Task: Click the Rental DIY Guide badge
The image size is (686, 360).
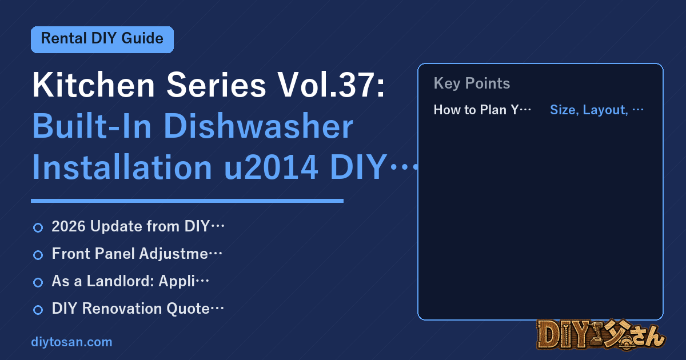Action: (102, 39)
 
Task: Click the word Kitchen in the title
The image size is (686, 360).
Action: (93, 85)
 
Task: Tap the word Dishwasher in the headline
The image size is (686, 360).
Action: (258, 126)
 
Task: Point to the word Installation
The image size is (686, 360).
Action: (122, 167)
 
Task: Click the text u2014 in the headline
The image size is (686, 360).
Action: (271, 167)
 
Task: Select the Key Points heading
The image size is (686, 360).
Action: (472, 83)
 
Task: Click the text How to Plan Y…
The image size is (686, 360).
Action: (482, 110)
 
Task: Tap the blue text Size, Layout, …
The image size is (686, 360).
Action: (597, 110)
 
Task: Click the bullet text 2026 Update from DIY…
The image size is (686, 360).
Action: (138, 226)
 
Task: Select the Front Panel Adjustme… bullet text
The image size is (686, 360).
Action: (137, 254)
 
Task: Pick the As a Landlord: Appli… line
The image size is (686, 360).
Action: (130, 281)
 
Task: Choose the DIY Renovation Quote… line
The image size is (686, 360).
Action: (138, 308)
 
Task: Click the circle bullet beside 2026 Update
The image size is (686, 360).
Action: (38, 228)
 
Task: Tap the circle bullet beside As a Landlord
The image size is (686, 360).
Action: (38, 282)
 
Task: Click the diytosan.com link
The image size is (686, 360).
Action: (71, 342)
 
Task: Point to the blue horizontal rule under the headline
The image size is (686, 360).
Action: (187, 201)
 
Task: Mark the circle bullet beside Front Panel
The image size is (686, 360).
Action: (38, 255)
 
